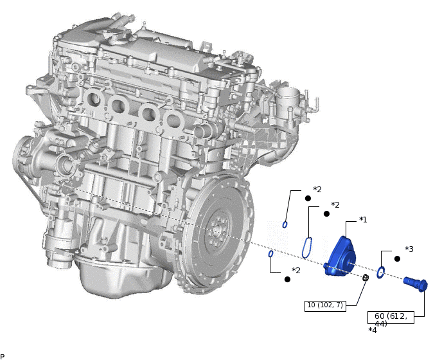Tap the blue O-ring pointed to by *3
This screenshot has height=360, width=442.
[x=380, y=273]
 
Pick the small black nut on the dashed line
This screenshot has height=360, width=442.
[x=366, y=278]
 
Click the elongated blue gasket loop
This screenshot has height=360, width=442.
[x=308, y=248]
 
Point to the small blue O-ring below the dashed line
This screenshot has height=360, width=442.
[x=271, y=254]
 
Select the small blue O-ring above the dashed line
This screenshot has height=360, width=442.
[x=285, y=224]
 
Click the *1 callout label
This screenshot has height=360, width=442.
[x=363, y=220]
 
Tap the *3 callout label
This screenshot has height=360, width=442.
[x=409, y=249]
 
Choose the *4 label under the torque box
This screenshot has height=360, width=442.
[x=373, y=330]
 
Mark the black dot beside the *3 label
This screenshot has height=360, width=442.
[x=397, y=258]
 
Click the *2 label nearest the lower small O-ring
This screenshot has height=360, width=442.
[x=296, y=271]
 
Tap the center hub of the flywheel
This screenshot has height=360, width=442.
[x=219, y=228]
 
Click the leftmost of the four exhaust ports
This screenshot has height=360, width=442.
[x=92, y=100]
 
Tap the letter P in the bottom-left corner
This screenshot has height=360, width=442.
[x=3, y=356]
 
